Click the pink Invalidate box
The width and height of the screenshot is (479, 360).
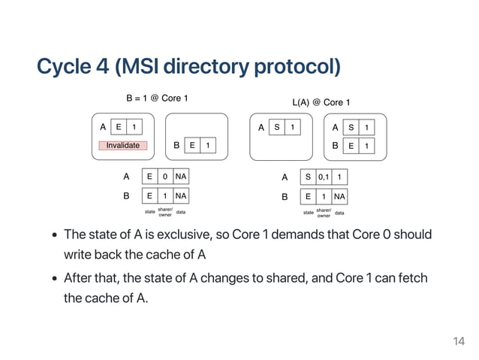pyautogui.click(x=122, y=145)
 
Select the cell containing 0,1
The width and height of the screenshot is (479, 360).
pyautogui.click(x=323, y=177)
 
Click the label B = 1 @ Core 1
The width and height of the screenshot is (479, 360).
pyautogui.click(x=156, y=98)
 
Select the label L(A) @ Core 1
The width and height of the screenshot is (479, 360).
pyautogui.click(x=321, y=102)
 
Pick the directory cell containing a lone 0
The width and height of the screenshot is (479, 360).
pyautogui.click(x=165, y=177)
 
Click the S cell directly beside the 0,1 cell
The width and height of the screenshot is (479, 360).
pyautogui.click(x=306, y=177)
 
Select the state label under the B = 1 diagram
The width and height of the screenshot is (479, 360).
pyautogui.click(x=149, y=212)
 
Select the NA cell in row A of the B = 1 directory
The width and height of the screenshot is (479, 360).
pyautogui.click(x=180, y=177)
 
